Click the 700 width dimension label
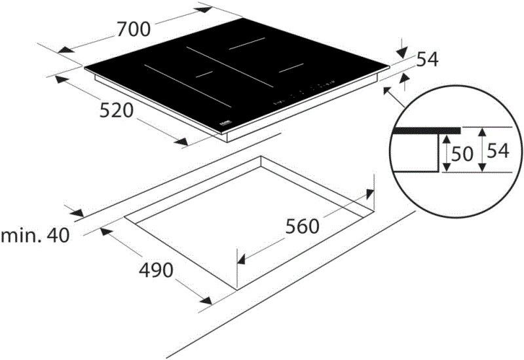click(134, 29)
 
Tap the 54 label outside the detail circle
click(427, 60)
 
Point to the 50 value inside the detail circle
click(462, 154)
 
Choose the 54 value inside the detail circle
click(498, 151)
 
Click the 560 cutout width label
click(302, 226)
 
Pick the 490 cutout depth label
click(156, 269)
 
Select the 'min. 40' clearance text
click(35, 235)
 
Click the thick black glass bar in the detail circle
click(426, 130)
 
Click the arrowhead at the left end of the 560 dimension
click(240, 259)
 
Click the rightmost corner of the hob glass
click(390, 65)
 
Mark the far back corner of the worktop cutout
click(261, 156)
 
